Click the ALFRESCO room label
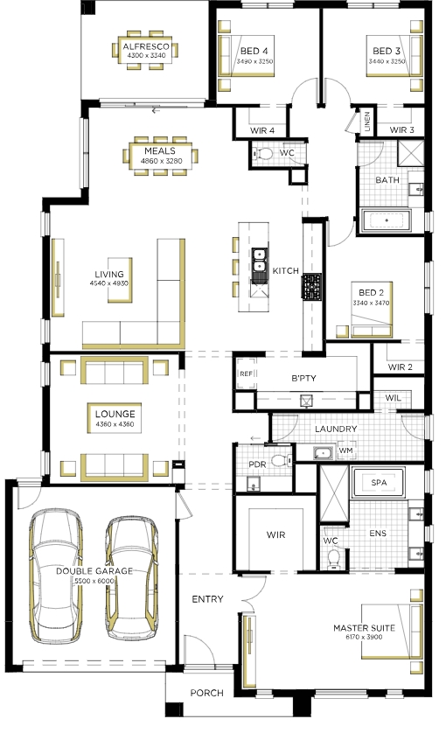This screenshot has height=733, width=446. pos(146,46)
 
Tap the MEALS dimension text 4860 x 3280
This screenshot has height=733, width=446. pos(161,161)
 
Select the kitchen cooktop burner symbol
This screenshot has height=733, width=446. pos(311,287)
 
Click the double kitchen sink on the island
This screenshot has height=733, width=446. pos(259,260)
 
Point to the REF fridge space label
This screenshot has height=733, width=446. pos(246,373)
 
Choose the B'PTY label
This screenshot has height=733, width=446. pos(303,378)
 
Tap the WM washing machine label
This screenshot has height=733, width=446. pos(345,450)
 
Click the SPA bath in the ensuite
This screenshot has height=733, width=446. pos(379,482)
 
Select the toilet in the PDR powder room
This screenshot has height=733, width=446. pos(282,460)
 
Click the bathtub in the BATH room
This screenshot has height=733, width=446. pos(387,220)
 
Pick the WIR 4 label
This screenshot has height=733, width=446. pos(262,130)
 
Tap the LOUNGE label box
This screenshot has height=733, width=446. pos(115,418)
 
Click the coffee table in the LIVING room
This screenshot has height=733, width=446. pos(120,280)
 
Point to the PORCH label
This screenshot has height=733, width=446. pos(206,693)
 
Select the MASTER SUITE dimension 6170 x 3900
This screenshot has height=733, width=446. pos(364,637)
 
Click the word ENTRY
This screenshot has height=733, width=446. pos(207,599)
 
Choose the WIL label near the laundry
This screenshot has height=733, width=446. pos(394,398)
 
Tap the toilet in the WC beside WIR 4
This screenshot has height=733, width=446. pos(264,153)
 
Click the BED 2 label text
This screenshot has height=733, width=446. pos(371,293)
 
